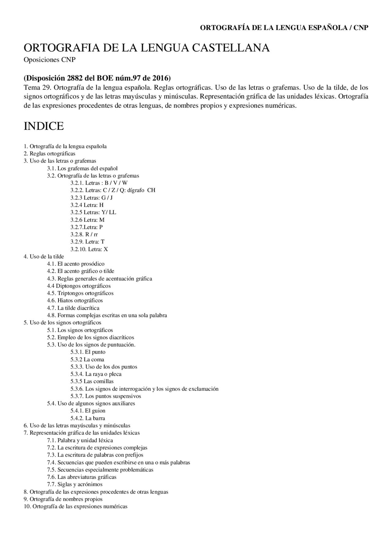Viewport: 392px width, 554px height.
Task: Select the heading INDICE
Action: [44, 126]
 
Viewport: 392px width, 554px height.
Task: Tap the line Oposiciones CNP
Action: [49, 60]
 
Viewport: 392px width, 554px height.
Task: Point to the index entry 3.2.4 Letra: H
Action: [87, 205]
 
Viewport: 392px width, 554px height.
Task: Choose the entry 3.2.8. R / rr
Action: [84, 234]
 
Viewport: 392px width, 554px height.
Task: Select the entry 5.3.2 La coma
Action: [87, 359]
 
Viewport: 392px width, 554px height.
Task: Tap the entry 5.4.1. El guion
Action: [88, 411]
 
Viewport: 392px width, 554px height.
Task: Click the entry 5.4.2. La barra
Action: [88, 418]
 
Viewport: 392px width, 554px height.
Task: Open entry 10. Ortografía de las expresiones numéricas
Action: [75, 506]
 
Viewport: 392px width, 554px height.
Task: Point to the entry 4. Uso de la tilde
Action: [44, 256]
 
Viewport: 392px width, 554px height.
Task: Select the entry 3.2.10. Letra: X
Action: [89, 249]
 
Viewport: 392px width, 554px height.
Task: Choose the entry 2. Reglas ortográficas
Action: [49, 154]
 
